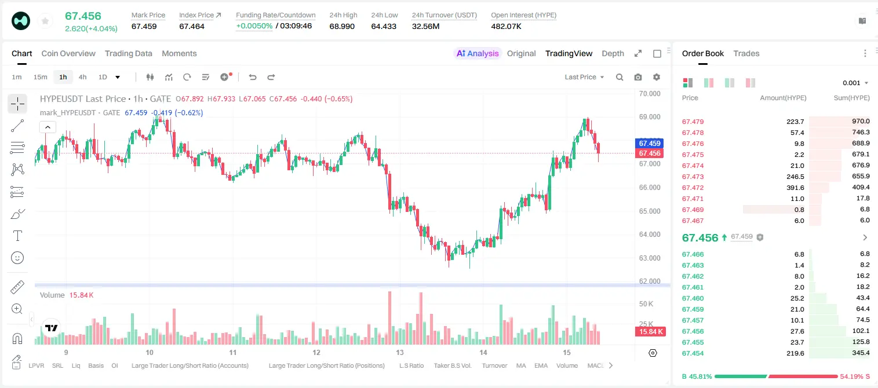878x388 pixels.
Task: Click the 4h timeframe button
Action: (x=82, y=77)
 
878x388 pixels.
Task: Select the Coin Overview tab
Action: (x=68, y=53)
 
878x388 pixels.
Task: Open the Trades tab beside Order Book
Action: (x=746, y=53)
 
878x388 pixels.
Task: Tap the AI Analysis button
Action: (x=478, y=53)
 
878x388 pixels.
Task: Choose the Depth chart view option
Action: (x=613, y=53)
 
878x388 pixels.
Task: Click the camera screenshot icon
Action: (x=638, y=77)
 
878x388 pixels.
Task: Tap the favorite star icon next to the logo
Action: (x=45, y=21)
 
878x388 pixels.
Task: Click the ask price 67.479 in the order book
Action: (x=693, y=122)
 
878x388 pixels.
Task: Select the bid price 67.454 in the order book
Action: (x=693, y=353)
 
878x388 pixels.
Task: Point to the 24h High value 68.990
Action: (x=342, y=26)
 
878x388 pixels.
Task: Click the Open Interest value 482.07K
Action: (x=506, y=26)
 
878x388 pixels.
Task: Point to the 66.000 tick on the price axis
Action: (x=650, y=188)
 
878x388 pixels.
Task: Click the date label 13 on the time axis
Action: (x=399, y=352)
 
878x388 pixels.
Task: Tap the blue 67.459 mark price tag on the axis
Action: (x=649, y=143)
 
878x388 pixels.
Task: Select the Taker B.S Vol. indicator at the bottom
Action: (x=452, y=365)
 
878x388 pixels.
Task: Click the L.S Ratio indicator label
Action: (x=411, y=365)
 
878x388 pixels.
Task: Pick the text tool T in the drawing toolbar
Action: (x=17, y=236)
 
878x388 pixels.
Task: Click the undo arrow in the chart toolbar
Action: (x=253, y=77)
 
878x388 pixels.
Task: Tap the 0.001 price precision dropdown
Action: (x=855, y=83)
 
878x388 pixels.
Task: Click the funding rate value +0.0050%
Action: (x=254, y=26)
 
